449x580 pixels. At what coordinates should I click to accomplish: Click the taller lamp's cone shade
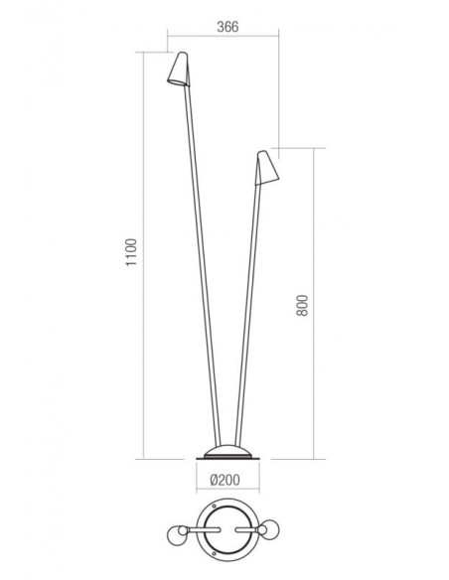[178, 69]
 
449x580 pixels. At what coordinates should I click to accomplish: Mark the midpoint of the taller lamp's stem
[200, 268]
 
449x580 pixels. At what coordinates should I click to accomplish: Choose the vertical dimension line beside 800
[316, 303]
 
